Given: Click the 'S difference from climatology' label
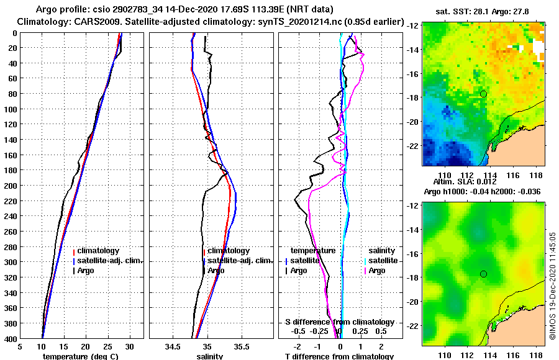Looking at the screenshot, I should (x=340, y=322).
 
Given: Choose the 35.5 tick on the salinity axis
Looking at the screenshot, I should (x=242, y=347).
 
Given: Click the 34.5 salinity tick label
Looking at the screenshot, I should (x=173, y=347).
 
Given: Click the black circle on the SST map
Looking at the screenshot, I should (x=483, y=94).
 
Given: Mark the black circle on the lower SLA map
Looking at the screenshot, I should (x=483, y=274).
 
